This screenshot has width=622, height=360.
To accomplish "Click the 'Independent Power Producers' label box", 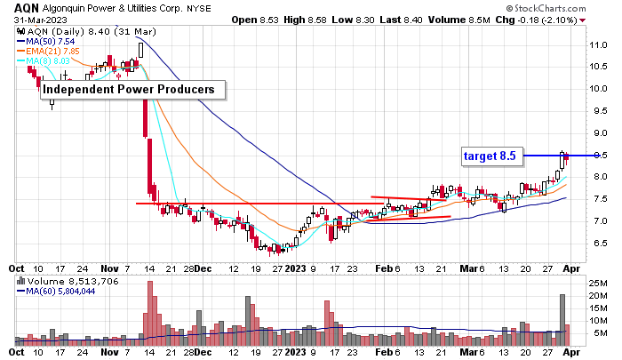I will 130,90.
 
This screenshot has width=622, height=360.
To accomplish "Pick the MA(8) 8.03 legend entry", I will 48,60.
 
